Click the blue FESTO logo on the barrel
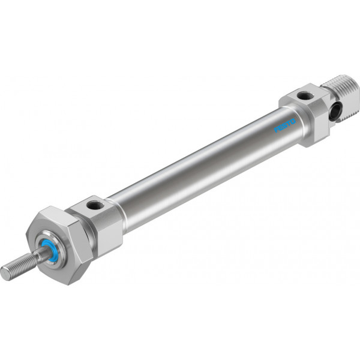click(285, 125)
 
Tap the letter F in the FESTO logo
click(277, 130)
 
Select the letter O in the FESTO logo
click(293, 121)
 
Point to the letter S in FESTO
click(285, 125)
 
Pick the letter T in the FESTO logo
click(289, 123)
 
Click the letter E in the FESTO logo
click(281, 128)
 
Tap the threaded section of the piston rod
click(19, 267)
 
